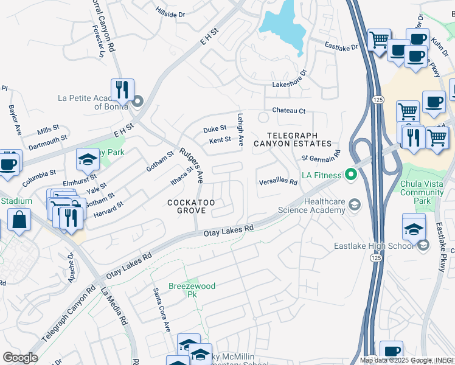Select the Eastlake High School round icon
[423, 245]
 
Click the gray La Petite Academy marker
[138, 101]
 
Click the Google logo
[20, 357]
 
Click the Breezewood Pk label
[184, 290]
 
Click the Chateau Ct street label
[288, 111]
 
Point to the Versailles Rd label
[277, 181]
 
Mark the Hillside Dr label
[170, 13]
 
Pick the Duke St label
[214, 128]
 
